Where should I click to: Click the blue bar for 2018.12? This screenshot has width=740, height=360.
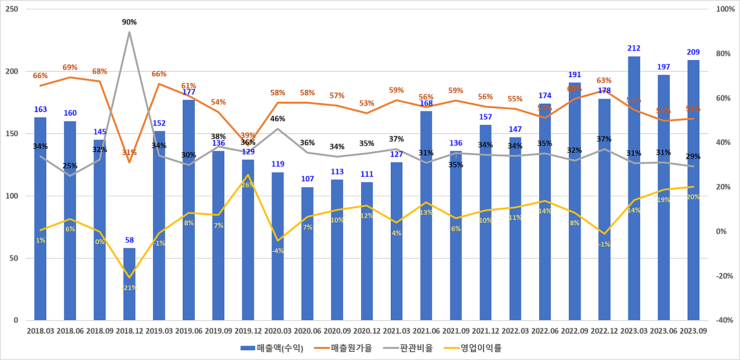pos(129,284)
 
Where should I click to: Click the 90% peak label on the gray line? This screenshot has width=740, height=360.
pos(129,22)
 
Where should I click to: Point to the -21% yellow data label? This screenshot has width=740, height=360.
pos(129,288)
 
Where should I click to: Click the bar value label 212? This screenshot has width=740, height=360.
pos(634,48)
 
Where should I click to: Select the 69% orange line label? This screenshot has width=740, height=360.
pos(70,68)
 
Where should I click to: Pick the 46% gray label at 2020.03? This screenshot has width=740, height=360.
pos(277,119)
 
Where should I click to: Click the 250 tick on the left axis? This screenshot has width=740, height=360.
pos(12,9)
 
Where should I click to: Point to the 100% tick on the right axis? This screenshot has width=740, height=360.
pos(725,9)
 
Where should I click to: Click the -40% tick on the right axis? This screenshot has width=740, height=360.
pos(724,320)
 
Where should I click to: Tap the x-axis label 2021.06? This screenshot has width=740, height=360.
pos(426,331)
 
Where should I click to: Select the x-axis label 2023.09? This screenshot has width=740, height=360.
pos(693,331)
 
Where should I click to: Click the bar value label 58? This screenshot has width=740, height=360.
pos(129,240)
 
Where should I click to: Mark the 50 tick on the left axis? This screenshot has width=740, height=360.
pos(14,258)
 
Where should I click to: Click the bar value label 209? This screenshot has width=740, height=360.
pos(693,52)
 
